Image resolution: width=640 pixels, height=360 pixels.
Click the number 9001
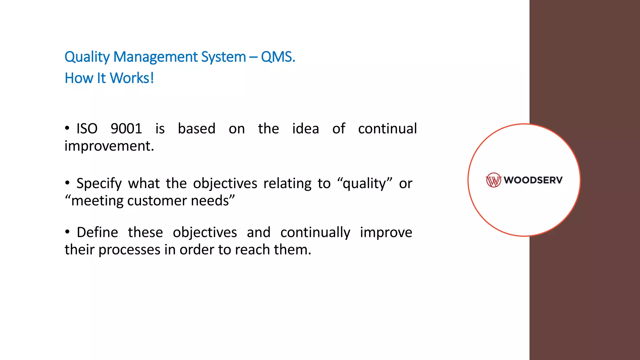(126, 129)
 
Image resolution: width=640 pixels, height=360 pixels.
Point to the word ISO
(87, 129)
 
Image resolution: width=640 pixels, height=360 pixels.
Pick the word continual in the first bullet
(387, 129)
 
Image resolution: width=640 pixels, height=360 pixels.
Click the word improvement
(109, 146)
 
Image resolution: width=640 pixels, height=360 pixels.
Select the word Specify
(99, 184)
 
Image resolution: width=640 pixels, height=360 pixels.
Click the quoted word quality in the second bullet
(365, 184)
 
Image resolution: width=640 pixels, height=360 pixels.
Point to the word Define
(97, 232)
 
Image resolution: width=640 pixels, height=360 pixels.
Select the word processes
(129, 250)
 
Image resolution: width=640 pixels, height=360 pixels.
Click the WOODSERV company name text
(533, 180)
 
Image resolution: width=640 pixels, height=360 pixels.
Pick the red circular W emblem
(493, 180)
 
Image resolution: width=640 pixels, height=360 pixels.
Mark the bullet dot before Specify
(67, 183)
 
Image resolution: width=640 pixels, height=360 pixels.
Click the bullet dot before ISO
(67, 128)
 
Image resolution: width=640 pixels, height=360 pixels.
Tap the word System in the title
(223, 57)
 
